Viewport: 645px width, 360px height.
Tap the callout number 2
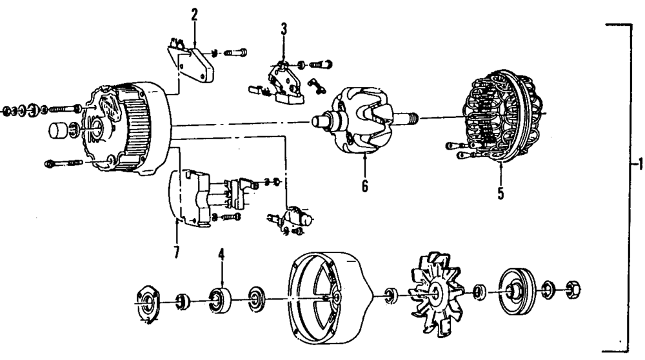pos(194,14)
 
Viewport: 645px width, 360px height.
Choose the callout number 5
pos(501,192)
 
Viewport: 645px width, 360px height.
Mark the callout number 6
pos(364,186)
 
